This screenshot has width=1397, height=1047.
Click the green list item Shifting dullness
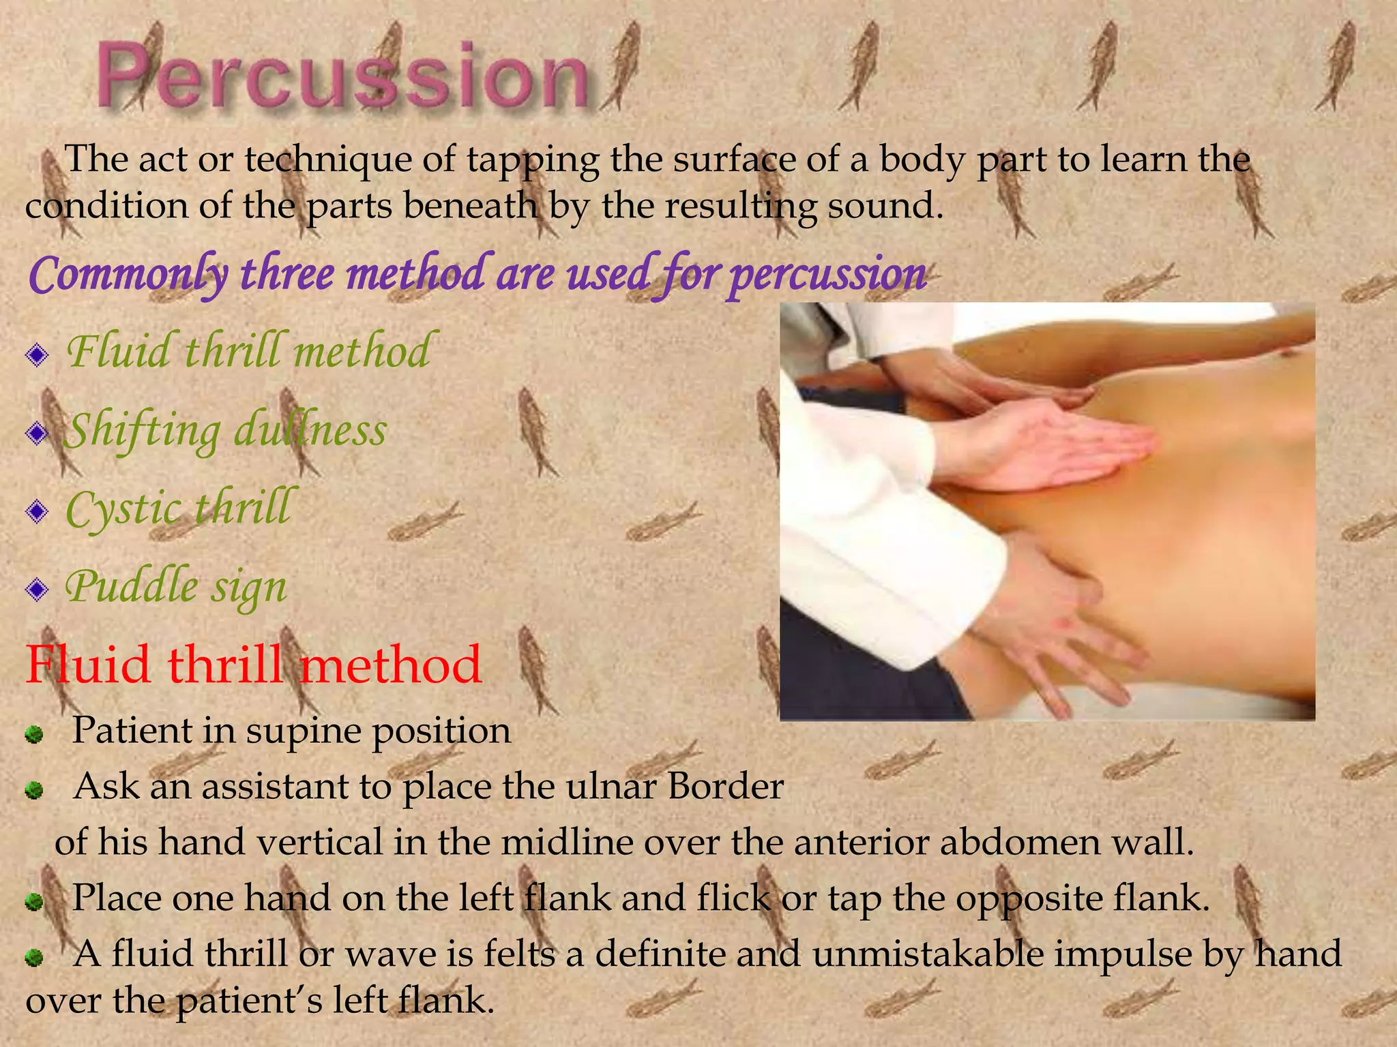click(225, 431)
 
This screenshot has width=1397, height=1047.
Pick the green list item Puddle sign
click(176, 587)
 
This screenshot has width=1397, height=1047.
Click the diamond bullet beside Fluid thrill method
click(37, 354)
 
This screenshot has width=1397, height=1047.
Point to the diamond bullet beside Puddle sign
click(37, 589)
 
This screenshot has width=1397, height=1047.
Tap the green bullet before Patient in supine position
click(34, 735)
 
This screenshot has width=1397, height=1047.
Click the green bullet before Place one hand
click(34, 902)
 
